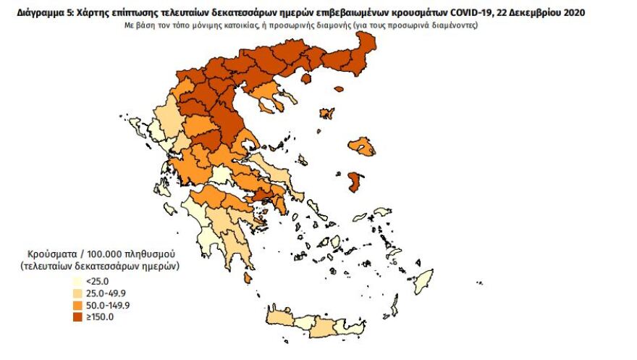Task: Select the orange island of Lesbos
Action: coord(362,147)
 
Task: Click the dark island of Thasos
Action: coord(305,78)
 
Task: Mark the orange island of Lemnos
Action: coord(327,113)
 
